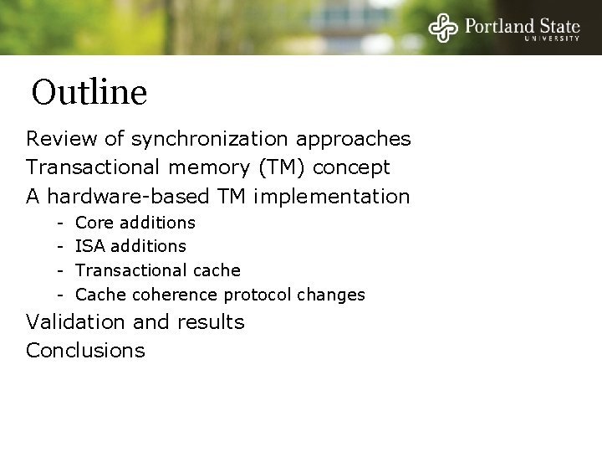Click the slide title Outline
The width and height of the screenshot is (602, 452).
(89, 92)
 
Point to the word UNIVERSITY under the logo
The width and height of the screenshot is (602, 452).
(552, 39)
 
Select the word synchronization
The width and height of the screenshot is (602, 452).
(214, 137)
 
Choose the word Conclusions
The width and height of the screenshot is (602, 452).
(85, 350)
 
